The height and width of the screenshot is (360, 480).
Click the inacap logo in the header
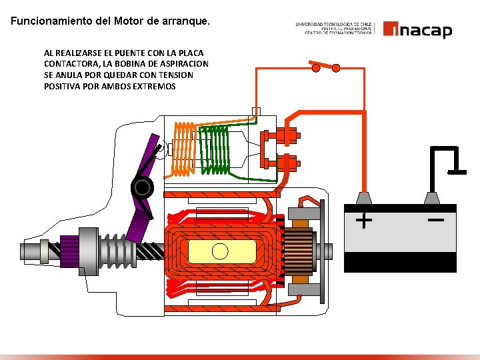click(417, 30)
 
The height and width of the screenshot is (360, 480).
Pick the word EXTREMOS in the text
click(155, 87)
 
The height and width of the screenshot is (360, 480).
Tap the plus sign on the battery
click(364, 219)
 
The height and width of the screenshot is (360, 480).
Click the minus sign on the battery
click(436, 219)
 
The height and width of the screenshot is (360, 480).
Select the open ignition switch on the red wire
click(325, 65)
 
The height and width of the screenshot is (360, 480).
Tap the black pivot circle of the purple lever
click(141, 187)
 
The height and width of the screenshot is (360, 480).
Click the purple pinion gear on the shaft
click(71, 251)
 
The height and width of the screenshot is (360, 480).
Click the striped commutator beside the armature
click(301, 251)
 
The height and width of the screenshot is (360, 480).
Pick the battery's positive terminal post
click(364, 199)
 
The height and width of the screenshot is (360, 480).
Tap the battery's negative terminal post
click(432, 199)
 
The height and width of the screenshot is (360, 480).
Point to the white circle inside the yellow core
click(219, 251)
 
